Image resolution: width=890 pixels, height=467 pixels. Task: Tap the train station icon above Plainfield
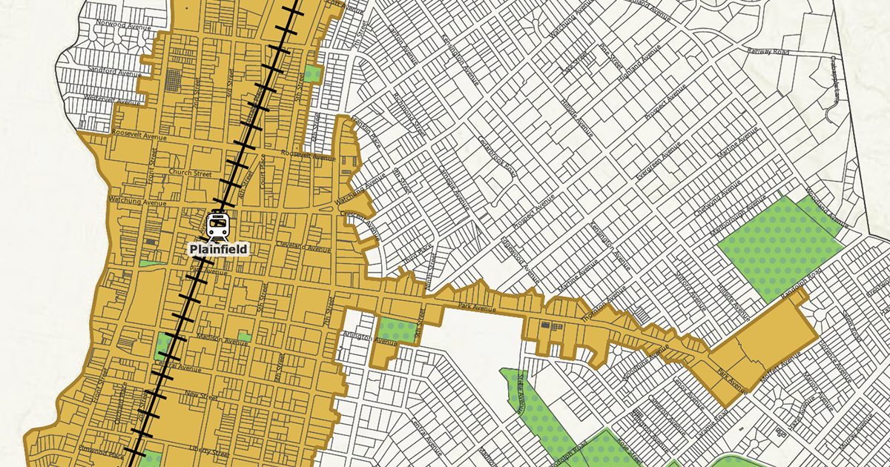[218, 225]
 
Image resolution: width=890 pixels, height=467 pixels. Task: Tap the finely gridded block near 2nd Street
[173, 79]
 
